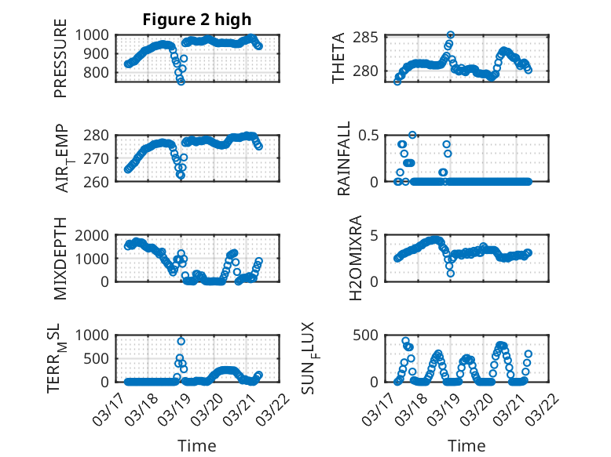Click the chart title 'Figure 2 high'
(x=197, y=19)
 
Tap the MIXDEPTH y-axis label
(x=60, y=259)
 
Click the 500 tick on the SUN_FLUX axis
(x=369, y=335)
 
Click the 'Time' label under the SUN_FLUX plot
(x=466, y=445)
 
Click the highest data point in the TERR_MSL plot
(x=181, y=341)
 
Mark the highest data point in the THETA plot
(x=450, y=35)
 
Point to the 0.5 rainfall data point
(x=412, y=135)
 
